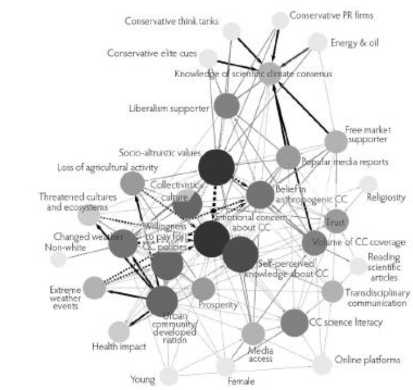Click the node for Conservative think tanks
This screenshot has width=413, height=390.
231,31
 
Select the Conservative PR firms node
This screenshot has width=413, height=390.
280,21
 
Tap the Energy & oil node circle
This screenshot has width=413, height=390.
317,42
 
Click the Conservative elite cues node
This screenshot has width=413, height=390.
207,58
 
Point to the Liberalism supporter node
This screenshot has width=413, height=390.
226,106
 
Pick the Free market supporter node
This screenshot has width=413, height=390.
336,141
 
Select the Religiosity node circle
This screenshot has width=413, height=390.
368,184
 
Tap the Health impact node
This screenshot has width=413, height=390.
119,332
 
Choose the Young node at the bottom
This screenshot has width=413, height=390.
168,375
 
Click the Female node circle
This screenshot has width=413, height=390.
225,366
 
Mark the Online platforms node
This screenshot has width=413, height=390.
322,365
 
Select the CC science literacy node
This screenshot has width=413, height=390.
294,322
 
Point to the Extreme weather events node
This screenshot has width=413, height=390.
94,287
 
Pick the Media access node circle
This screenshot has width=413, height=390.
253,334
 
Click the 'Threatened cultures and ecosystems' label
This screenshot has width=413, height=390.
74,202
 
